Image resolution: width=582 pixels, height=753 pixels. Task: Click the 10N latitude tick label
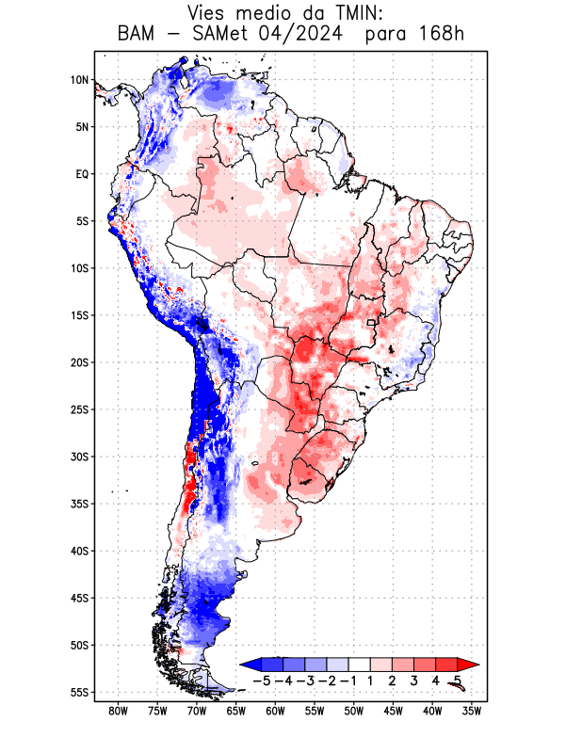point(80,80)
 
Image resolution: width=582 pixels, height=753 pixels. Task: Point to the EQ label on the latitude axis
point(82,174)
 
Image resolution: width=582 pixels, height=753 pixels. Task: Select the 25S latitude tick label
point(79,409)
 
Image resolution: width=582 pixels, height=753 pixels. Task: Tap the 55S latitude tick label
point(79,692)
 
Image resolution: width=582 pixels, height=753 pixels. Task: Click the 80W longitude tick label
point(118,711)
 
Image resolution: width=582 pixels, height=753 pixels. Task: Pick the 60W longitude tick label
point(275,711)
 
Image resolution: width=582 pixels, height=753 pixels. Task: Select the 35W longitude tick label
point(472,711)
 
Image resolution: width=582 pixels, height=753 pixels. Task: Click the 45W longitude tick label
point(393,711)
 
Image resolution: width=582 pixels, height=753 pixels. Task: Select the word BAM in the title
point(140,36)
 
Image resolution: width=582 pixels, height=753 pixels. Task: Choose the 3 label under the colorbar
point(415,680)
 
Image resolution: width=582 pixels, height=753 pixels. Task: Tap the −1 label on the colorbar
point(348,680)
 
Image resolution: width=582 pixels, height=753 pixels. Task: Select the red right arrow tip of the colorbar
point(474,664)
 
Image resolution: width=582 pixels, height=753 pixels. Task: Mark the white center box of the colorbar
point(361,664)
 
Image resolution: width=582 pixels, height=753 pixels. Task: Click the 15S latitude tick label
point(79,315)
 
